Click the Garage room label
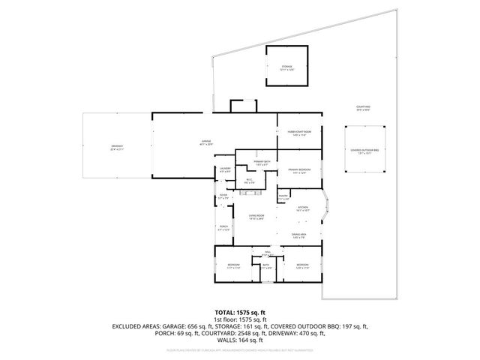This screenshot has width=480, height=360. click(205, 142)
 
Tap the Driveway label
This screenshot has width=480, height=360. click(117, 148)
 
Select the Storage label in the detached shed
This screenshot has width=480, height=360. click(286, 67)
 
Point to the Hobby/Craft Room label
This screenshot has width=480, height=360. click(300, 133)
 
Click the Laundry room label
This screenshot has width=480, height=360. click(224, 170)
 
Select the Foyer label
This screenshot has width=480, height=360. click(223, 196)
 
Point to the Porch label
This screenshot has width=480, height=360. click(223, 227)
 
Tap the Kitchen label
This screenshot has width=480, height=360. click(303, 209)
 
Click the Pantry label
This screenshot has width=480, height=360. click(283, 197)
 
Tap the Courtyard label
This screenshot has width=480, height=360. click(363, 108)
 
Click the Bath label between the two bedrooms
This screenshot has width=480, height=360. click(265, 266)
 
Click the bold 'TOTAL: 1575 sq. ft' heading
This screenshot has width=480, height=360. click(239, 310)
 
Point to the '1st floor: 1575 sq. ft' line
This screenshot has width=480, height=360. click(239, 319)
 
